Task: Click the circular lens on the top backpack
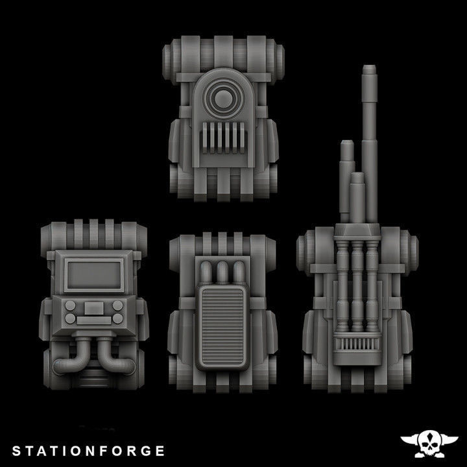click(224, 99)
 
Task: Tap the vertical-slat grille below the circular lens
click(224, 138)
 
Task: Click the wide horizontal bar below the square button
click(94, 319)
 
